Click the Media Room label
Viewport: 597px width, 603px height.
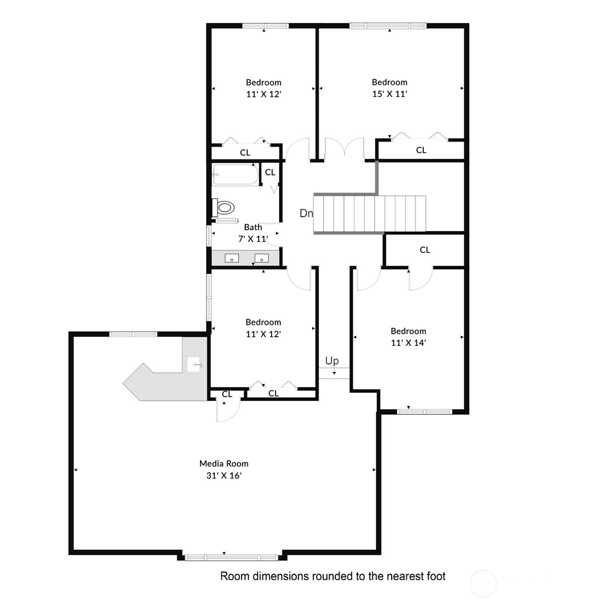224,464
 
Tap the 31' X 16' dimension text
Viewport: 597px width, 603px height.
224,476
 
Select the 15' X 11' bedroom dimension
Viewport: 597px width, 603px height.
389,94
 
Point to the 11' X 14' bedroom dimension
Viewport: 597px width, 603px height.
408,343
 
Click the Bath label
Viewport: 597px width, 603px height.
253,227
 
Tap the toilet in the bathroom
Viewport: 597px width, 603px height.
224,207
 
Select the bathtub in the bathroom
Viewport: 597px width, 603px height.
235,175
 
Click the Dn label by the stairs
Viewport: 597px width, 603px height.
306,213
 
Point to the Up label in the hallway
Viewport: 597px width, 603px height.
332,361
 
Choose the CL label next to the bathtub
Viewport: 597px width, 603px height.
270,172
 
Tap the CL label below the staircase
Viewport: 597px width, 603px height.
425,250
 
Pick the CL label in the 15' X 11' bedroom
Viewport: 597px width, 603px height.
421,150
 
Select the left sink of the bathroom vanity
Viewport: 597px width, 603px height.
232,259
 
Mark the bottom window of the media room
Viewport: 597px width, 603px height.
231,558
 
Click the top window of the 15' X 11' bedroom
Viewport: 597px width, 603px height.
388,26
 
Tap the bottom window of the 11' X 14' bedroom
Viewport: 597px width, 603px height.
425,412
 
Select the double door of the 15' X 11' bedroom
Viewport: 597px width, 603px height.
344,147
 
